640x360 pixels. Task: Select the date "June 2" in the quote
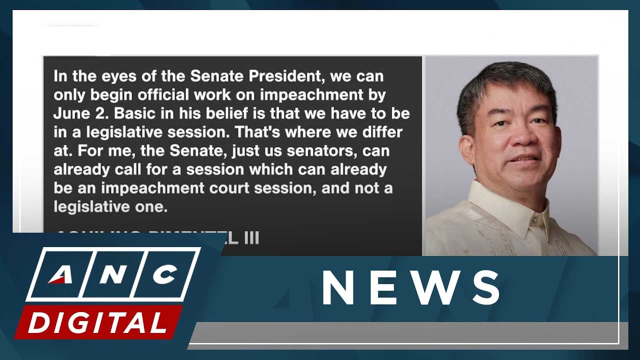click(80, 113)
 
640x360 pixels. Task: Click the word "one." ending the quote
click(152, 206)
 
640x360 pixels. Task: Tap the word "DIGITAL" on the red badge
click(97, 322)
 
